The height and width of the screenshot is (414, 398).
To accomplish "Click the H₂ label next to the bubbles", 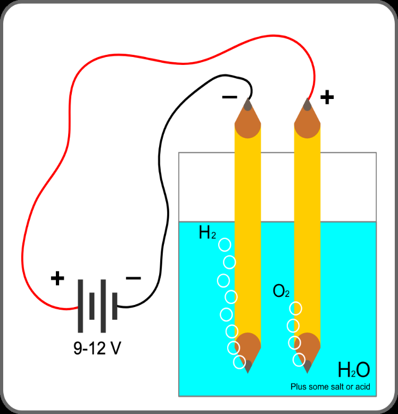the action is click(x=208, y=233).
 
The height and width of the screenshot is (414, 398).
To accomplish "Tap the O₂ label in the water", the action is click(x=281, y=291).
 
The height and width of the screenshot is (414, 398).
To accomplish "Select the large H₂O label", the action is click(x=354, y=370).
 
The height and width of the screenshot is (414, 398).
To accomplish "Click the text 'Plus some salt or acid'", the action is click(x=330, y=387).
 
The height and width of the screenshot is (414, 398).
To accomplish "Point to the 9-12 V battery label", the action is click(x=97, y=348).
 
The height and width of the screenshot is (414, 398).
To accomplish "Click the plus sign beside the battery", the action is click(x=57, y=278).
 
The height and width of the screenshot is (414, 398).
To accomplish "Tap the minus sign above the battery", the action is click(x=134, y=278).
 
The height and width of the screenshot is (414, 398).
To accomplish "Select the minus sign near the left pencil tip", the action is click(x=230, y=97).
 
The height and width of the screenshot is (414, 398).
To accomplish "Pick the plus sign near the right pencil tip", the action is click(x=327, y=97).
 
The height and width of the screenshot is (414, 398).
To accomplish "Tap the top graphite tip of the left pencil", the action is click(x=247, y=104).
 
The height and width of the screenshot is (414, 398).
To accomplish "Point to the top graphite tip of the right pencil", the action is click(x=307, y=104).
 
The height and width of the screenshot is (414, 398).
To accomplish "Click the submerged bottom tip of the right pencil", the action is click(x=308, y=368).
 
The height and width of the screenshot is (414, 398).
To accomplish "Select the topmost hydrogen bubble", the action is click(x=225, y=245).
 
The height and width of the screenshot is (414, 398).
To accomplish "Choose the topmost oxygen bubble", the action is click(x=296, y=309).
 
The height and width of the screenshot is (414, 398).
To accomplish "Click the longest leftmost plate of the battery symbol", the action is click(x=80, y=306).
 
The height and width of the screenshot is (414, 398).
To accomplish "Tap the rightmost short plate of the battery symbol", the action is click(x=115, y=306).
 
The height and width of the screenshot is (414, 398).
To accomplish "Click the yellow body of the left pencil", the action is click(x=248, y=233).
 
